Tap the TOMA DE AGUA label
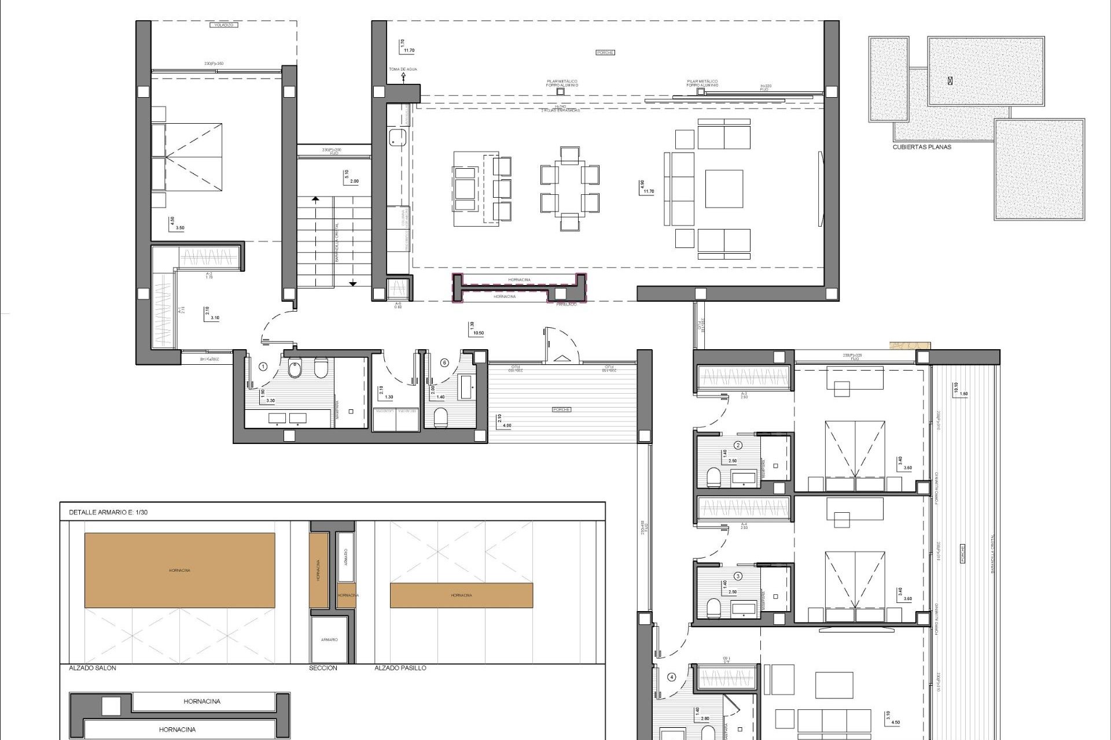tap(403, 69)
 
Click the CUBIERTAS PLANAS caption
tap(922, 147)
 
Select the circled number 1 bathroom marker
tap(263, 366)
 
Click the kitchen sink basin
tap(397, 137)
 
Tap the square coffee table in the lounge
tap(723, 188)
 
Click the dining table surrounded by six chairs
tap(569, 188)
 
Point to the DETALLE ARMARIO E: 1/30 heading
tap(109, 512)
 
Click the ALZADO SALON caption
tap(93, 668)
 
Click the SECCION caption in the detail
tap(323, 668)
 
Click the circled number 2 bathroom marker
tap(738, 445)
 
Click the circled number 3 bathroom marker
tap(738, 576)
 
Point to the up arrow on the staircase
tap(315, 200)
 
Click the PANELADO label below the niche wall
tap(566, 304)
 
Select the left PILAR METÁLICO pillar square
tap(560, 91)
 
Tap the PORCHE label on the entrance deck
tap(561, 409)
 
